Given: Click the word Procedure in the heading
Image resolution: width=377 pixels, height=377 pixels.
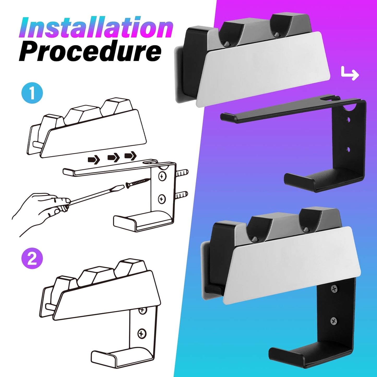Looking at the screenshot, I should tap(90, 52).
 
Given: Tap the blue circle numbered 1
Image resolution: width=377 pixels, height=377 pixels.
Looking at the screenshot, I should tap(32, 93).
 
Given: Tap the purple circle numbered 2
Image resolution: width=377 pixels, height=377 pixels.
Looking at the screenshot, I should tap(32, 258).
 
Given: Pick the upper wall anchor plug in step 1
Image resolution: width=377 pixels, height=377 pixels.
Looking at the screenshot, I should tap(182, 173).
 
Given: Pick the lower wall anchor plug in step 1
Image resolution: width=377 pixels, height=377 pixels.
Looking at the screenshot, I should tap(182, 195).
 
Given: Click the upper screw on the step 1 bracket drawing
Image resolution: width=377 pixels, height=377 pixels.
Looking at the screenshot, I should tap(162, 176).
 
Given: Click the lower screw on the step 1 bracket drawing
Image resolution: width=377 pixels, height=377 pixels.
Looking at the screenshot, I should tap(162, 199).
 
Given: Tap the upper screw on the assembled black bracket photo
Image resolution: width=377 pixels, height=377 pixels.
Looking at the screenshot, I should tap(334, 289).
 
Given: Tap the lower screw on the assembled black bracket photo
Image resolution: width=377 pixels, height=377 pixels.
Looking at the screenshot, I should tap(334, 321).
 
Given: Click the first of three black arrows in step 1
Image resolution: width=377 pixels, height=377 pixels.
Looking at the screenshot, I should tap(94, 159).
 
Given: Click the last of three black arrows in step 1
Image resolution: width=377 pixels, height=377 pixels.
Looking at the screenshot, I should tap(130, 156).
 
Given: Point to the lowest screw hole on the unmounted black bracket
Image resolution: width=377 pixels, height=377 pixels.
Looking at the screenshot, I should tap(348, 149).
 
